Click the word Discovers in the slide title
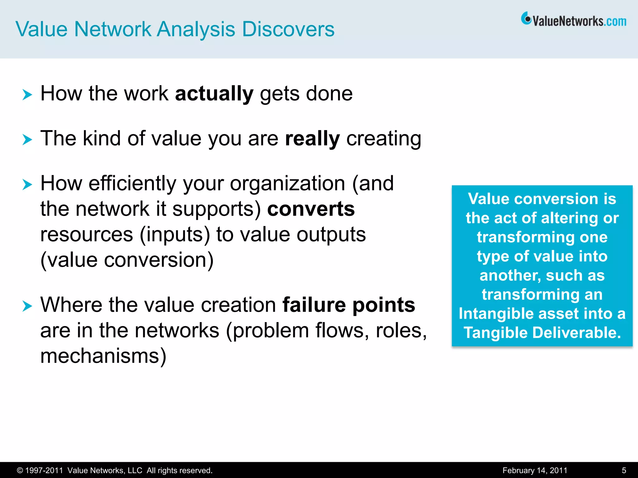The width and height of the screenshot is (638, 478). pyautogui.click(x=288, y=29)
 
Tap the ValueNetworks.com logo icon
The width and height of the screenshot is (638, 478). pyautogui.click(x=526, y=19)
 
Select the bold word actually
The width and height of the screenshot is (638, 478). pyautogui.click(x=214, y=94)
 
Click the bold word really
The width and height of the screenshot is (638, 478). pyautogui.click(x=312, y=138)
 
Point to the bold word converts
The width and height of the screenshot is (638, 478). pyautogui.click(x=311, y=209)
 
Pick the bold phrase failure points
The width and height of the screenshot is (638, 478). pyautogui.click(x=349, y=305)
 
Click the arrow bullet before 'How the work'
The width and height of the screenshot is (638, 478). pyautogui.click(x=27, y=94)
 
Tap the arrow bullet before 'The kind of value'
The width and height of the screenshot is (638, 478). pyautogui.click(x=27, y=139)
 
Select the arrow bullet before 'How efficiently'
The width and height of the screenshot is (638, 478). pyautogui.click(x=27, y=184)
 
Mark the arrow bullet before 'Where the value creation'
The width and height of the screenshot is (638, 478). pyautogui.click(x=27, y=306)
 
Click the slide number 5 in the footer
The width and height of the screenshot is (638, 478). pyautogui.click(x=624, y=470)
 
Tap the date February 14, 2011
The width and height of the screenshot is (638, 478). pyautogui.click(x=535, y=470)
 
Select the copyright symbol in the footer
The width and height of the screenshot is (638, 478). pyautogui.click(x=20, y=471)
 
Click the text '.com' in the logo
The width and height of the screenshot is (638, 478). pyautogui.click(x=615, y=21)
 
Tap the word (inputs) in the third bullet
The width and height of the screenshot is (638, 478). pyautogui.click(x=175, y=234)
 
